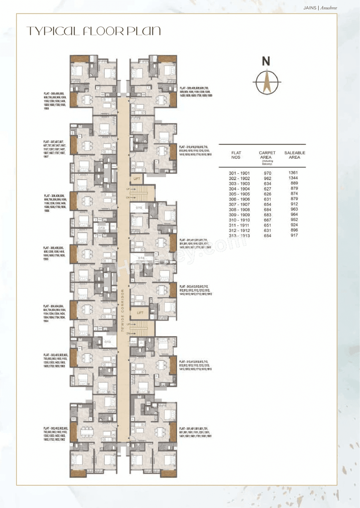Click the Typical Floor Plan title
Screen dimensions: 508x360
coord(94,31)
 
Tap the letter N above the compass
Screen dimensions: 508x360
coord(266,61)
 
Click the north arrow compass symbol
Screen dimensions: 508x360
coord(267,82)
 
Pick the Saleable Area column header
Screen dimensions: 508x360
coord(294,155)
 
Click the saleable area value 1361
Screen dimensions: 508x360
coord(293,173)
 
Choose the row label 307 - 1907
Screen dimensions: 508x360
coord(239,204)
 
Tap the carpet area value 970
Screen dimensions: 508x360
coord(267,173)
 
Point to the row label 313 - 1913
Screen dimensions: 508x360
coord(239,236)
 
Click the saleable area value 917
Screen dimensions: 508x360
coord(294,235)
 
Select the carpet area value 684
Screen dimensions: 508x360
coord(267,210)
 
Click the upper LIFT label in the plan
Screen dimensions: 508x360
coord(137,179)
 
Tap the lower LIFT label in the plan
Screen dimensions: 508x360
coord(140,313)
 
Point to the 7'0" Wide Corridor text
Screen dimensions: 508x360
coord(123,310)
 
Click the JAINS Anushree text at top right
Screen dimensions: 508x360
coord(320,8)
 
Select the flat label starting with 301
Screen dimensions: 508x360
coord(195,432)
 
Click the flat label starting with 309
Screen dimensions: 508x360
coord(196,92)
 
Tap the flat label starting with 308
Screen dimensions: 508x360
coord(55,101)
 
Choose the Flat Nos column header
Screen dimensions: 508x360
coord(236,155)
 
